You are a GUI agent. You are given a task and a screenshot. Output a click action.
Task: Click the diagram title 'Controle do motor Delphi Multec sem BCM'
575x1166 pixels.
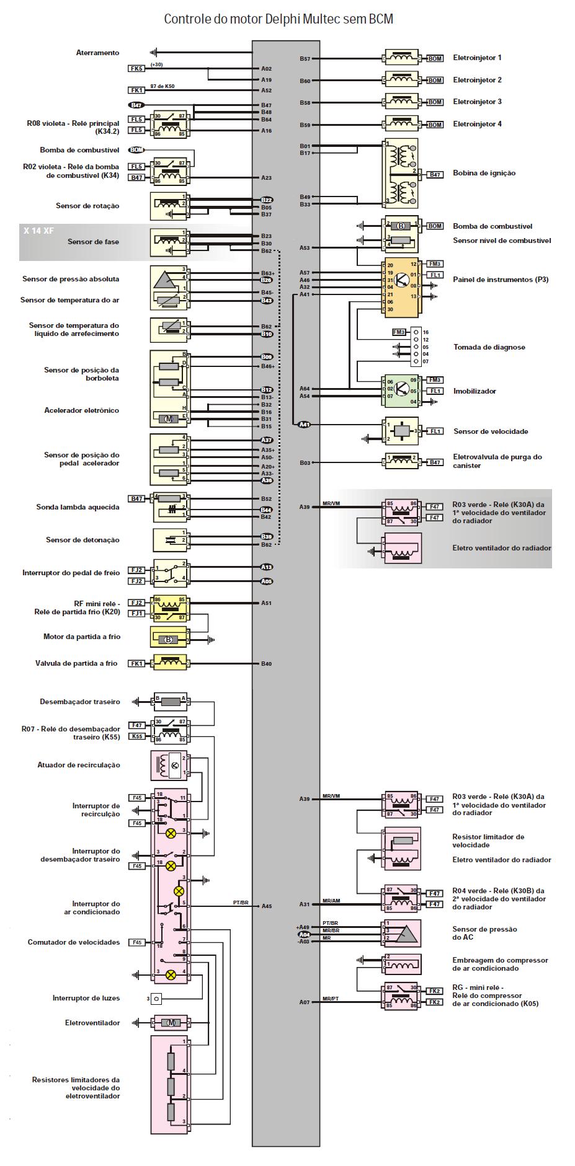point(279,19)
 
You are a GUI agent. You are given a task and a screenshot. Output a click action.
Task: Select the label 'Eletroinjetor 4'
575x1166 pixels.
point(477,124)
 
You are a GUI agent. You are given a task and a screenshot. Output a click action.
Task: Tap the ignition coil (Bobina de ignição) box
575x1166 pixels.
point(401,173)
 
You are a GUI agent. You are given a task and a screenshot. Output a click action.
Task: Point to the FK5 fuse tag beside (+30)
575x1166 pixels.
point(136,68)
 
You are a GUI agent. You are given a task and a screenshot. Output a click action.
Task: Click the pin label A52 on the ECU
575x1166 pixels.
point(266,91)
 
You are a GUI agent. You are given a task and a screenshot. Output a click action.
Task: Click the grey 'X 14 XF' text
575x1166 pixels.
point(39,231)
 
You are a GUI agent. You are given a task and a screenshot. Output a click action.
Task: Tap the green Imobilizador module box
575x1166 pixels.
point(401,391)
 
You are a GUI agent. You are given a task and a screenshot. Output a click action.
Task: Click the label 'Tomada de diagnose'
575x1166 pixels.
point(489,347)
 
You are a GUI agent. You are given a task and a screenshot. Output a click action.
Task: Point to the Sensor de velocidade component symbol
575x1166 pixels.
point(401,431)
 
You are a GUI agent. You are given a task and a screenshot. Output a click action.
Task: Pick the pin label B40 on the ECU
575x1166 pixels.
point(266,664)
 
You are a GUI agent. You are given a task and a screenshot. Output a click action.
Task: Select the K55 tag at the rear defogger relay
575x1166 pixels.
point(136,736)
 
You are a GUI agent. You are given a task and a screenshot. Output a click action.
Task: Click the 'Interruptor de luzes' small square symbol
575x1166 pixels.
point(156,998)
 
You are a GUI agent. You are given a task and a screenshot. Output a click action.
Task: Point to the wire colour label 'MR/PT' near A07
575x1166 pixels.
point(331,999)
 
